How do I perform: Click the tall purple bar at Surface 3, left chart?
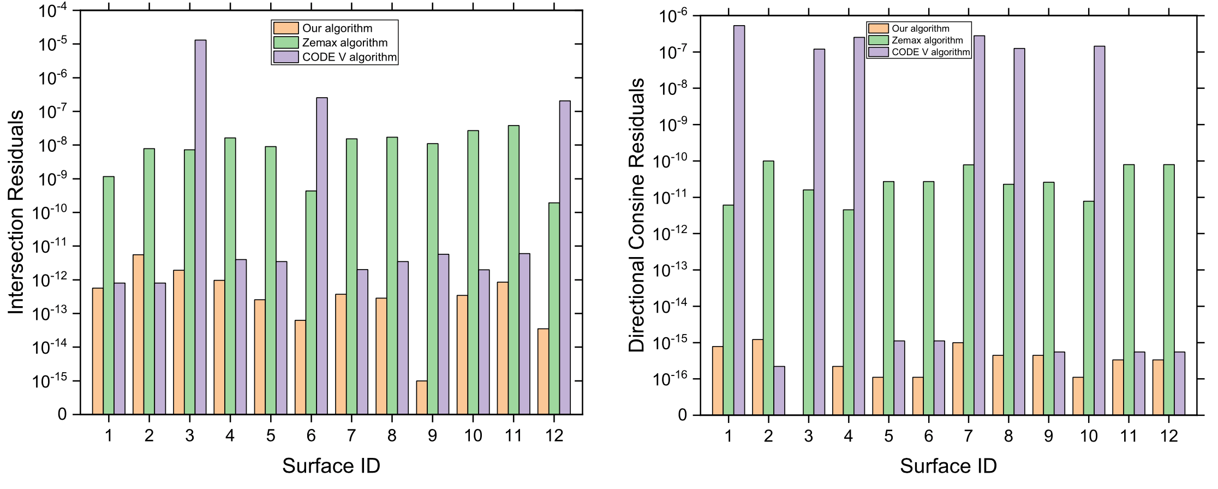click(200, 227)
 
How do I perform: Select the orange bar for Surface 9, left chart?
click(421, 397)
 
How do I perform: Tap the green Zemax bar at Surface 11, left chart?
click(514, 270)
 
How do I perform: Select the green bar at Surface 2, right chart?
click(768, 288)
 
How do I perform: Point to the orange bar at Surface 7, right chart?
click(958, 378)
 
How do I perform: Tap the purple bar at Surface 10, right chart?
click(1100, 230)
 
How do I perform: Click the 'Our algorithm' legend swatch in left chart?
click(285, 28)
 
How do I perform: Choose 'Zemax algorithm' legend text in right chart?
click(927, 40)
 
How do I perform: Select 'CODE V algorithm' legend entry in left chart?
click(349, 57)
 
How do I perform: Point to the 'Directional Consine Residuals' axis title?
click(637, 215)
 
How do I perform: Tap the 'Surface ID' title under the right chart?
click(948, 466)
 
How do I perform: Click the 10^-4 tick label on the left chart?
click(52, 10)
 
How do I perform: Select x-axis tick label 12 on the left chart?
click(554, 436)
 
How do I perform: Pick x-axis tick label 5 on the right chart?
click(888, 436)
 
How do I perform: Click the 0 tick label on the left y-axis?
click(62, 414)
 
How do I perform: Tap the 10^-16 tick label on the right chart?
click(670, 379)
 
